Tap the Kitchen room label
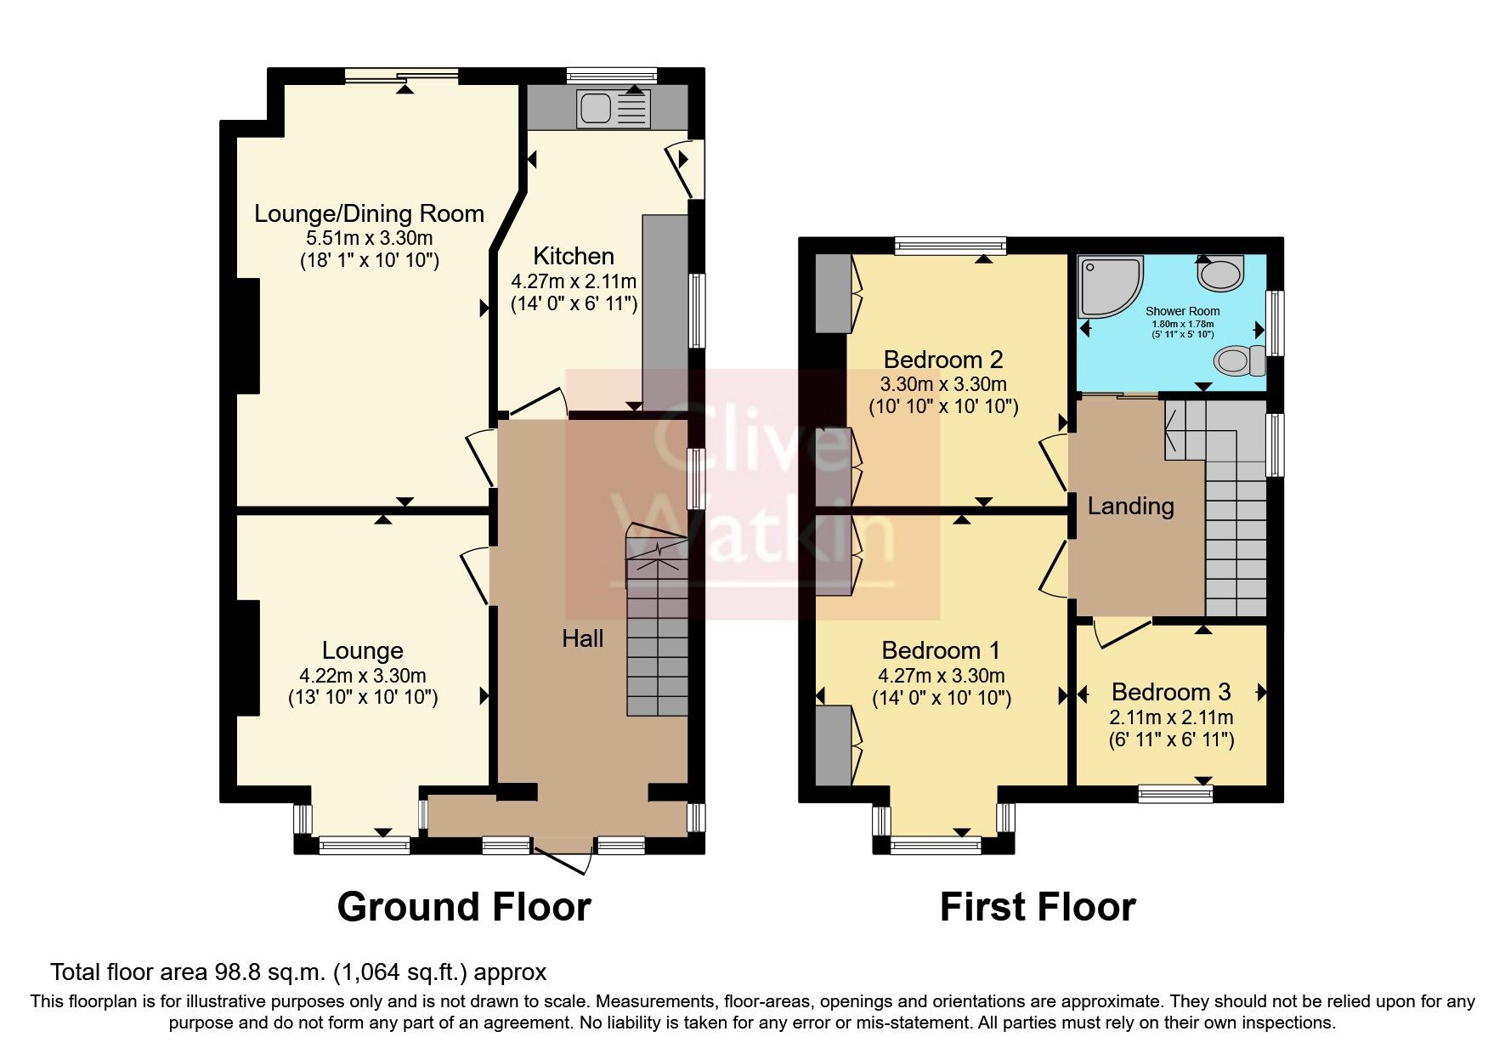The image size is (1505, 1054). coord(574,256)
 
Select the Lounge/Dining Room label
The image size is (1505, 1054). coord(369,213)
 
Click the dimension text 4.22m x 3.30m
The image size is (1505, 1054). coord(363,676)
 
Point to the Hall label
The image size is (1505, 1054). coord(583,638)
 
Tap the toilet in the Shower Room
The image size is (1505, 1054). coord(1237,361)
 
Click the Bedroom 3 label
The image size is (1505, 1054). coord(1170,692)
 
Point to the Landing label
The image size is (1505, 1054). coord(1130,507)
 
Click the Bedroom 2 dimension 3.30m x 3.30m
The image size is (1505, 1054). coord(943,384)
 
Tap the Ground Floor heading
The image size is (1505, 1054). coord(464,907)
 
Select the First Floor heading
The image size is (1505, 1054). coord(1037,907)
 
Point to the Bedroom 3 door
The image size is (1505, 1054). coord(1120,634)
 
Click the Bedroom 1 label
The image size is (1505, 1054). coord(941,651)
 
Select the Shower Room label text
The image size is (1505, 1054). coord(1182,312)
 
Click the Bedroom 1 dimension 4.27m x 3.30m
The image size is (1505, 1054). coord(941,677)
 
